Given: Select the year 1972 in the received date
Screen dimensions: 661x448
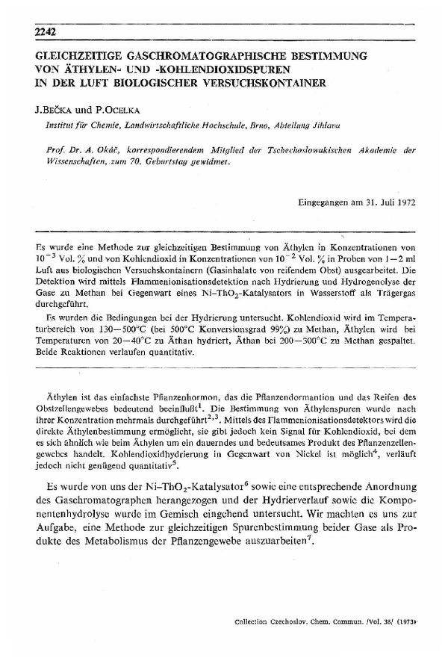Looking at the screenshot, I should click(400, 202).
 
